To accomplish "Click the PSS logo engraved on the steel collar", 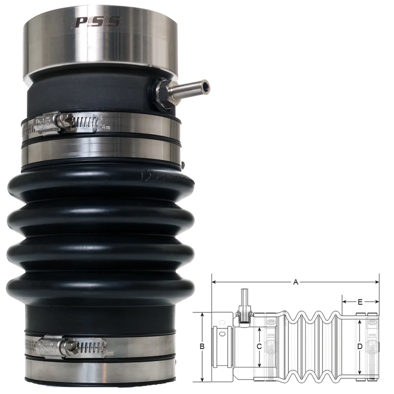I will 96,22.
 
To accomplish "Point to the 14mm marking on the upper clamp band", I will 104,127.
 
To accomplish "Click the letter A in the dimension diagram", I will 295,282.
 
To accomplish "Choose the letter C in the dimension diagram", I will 258,347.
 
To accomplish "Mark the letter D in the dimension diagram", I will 359,347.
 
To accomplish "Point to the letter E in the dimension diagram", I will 360,302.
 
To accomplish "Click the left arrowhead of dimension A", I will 214,282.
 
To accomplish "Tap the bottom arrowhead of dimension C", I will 259,364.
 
